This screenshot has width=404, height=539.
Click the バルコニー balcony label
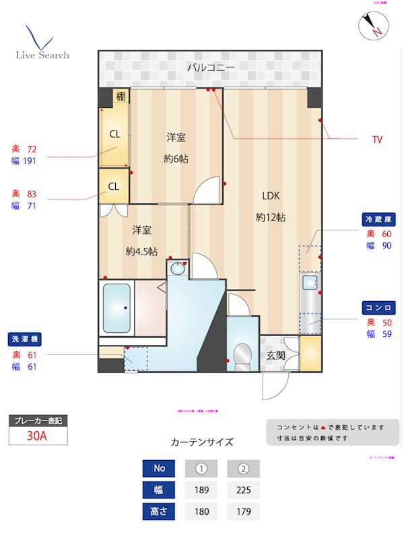(x=210, y=67)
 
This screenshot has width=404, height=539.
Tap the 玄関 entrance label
(x=275, y=355)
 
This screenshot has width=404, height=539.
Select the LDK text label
(x=271, y=196)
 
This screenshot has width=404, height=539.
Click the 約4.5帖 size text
(x=141, y=251)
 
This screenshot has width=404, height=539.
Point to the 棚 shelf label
(x=120, y=96)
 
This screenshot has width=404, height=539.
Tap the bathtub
(x=116, y=307)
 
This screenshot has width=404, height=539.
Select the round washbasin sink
(x=177, y=269)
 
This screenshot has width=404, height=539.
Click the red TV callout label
(x=377, y=139)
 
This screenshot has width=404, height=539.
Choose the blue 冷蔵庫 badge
(x=379, y=220)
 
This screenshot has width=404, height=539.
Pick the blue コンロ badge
(x=379, y=307)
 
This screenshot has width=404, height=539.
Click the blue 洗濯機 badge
(x=24, y=339)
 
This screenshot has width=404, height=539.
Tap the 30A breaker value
(x=37, y=436)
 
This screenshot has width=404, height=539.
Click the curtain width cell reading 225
(x=243, y=490)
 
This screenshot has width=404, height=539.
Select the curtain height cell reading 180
(x=201, y=512)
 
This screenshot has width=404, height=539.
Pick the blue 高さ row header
(x=159, y=512)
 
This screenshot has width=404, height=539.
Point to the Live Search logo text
(x=42, y=55)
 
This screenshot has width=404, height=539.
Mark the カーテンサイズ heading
(x=202, y=443)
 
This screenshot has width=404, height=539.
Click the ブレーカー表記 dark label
(x=38, y=420)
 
